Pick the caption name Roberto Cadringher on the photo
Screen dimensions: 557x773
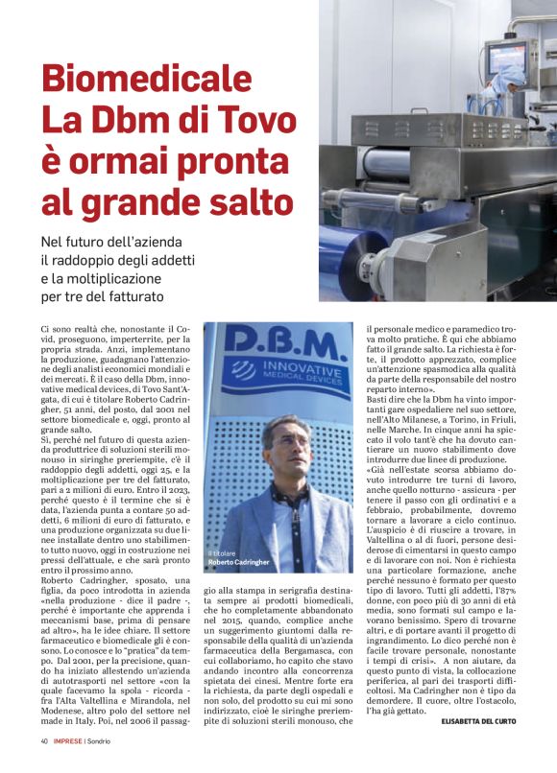click(x=241, y=562)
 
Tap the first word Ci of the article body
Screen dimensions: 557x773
click(x=45, y=329)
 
